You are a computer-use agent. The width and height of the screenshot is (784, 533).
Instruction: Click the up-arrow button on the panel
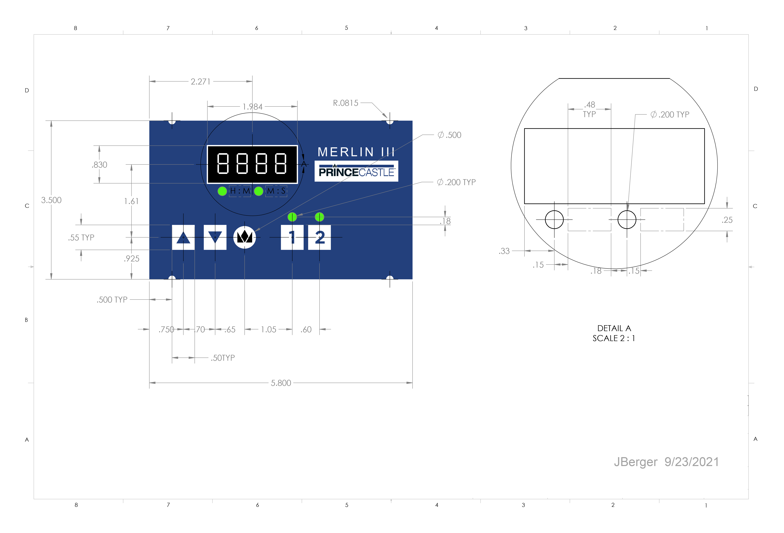click(x=183, y=237)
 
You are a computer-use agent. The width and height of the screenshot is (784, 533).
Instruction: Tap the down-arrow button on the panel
click(x=215, y=237)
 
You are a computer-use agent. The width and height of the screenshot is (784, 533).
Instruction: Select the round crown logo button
click(x=245, y=237)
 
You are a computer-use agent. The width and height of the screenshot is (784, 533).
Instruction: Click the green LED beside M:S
click(x=258, y=191)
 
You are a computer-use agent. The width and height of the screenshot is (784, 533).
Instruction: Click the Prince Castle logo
click(x=356, y=171)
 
